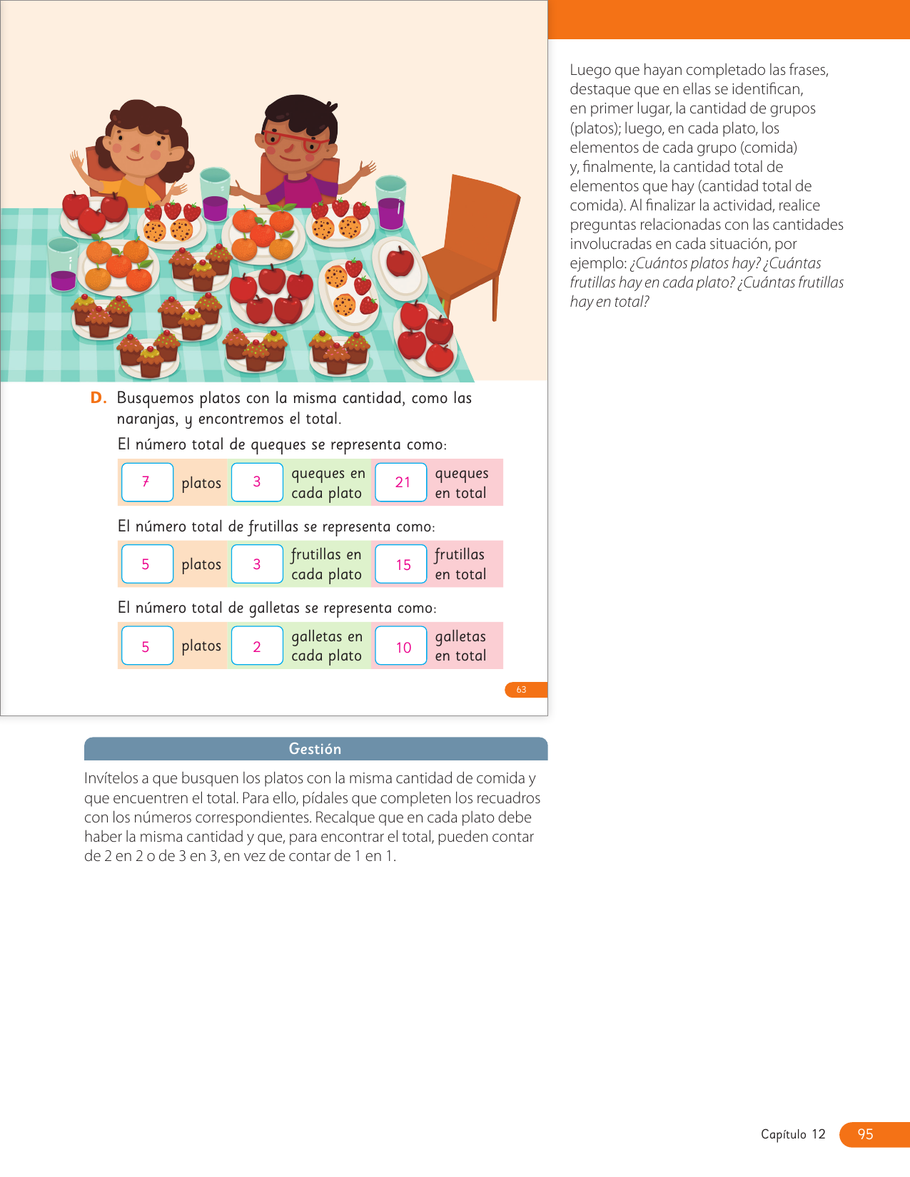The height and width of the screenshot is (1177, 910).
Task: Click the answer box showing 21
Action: tap(401, 483)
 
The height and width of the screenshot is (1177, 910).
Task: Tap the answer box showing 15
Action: tap(401, 564)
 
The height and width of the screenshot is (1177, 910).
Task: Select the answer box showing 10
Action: tap(401, 646)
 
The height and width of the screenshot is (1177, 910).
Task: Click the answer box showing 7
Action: tap(147, 482)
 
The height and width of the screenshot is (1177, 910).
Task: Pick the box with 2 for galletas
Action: tap(257, 646)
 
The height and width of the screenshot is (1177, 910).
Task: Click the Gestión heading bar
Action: tap(315, 749)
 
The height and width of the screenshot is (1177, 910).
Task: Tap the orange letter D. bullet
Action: tap(98, 398)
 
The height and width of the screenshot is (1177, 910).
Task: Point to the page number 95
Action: tap(866, 1134)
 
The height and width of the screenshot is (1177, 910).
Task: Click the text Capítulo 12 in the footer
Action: tap(793, 1134)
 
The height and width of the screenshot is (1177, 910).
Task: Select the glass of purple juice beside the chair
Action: tap(391, 203)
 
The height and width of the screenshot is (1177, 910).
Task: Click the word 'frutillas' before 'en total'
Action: tap(460, 554)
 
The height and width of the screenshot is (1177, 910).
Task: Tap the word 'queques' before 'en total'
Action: tap(462, 473)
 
